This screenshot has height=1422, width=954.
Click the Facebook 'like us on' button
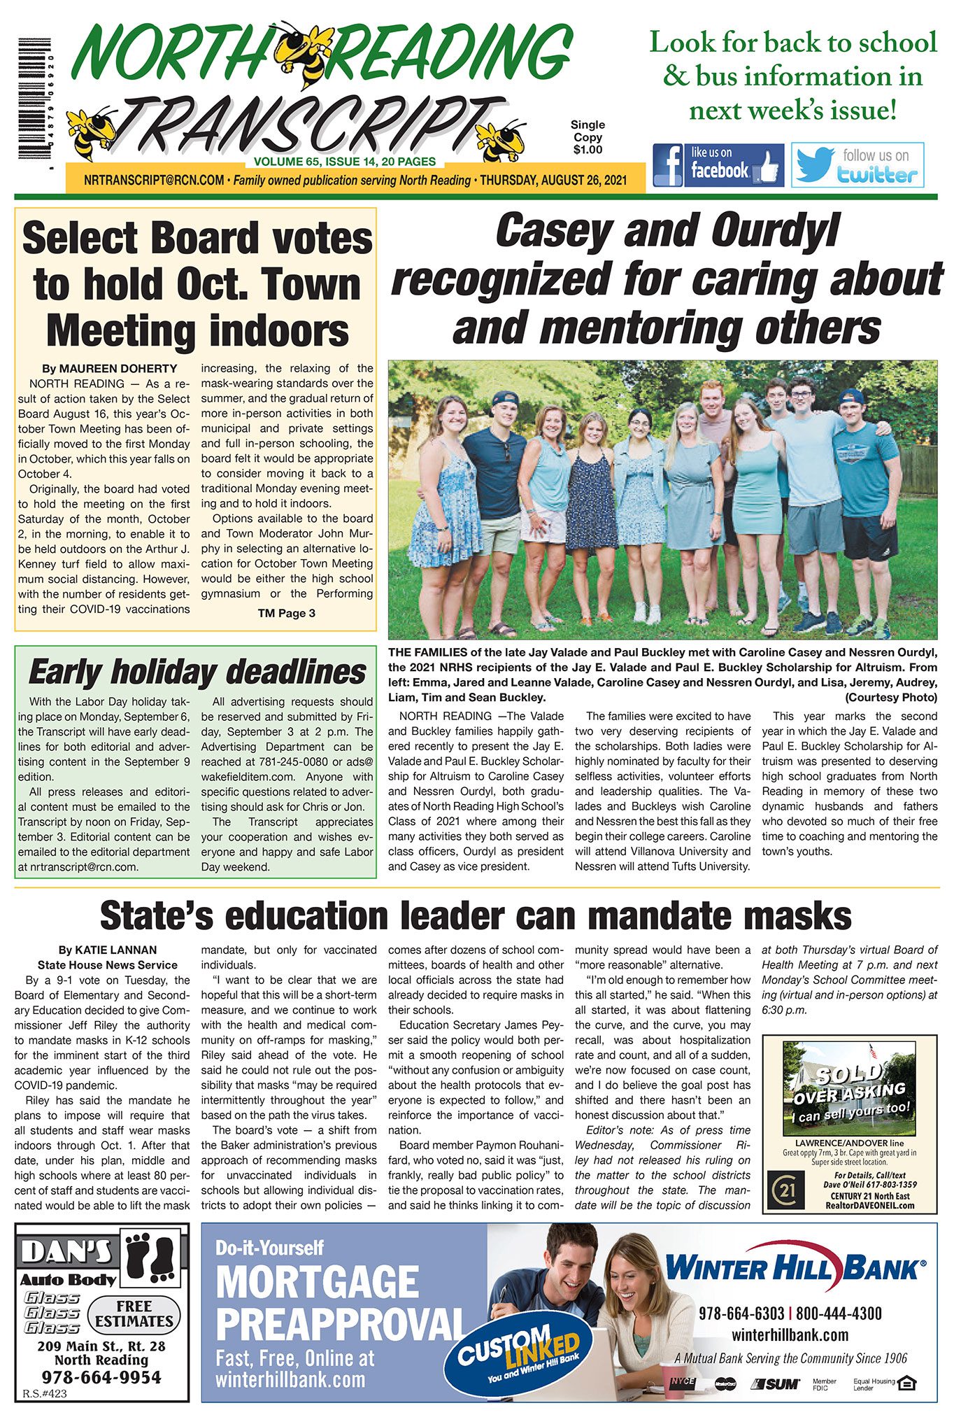click(x=718, y=164)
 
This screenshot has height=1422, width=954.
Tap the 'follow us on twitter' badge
click(x=857, y=165)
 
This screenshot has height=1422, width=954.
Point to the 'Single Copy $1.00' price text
click(x=588, y=137)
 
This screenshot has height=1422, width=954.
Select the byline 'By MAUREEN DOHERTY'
click(x=109, y=369)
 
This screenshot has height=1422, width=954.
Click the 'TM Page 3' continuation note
click(x=286, y=614)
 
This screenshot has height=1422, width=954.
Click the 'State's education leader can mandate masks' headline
click(x=476, y=916)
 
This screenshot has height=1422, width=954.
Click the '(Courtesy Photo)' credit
click(x=890, y=698)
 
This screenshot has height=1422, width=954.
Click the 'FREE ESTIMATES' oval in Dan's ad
click(x=134, y=1314)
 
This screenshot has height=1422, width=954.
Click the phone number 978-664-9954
click(x=101, y=1377)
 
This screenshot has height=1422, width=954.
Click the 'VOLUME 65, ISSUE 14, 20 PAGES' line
click(x=345, y=162)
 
